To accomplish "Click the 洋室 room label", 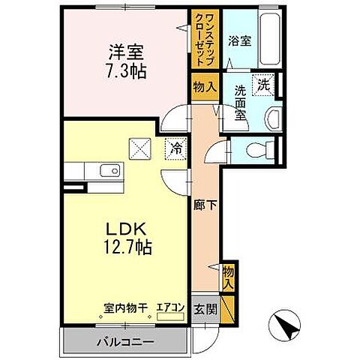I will pos(125,54).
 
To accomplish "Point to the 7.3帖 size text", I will pos(125,72).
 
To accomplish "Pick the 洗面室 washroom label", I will pos(240,103).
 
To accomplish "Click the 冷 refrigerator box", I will pos(174,147).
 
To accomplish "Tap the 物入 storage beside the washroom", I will pos(204,87).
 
